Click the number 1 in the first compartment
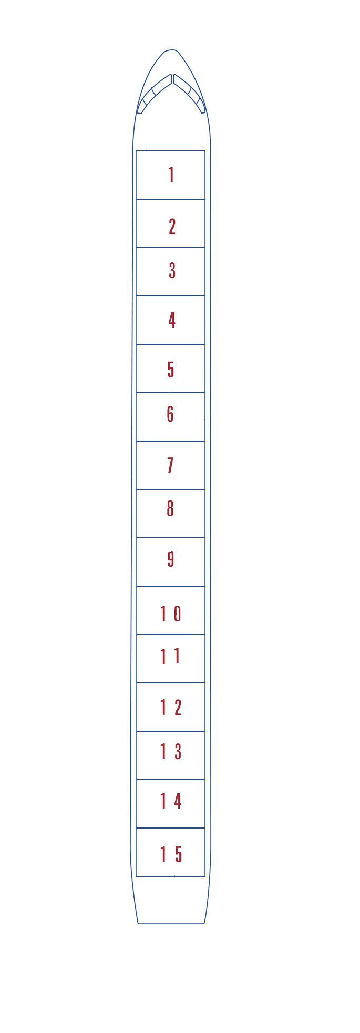click(x=171, y=175)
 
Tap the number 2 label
click(x=172, y=227)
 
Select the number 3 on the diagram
click(x=172, y=270)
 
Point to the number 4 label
click(x=172, y=320)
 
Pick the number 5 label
click(x=171, y=370)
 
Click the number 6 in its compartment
click(x=170, y=414)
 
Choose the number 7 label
click(x=170, y=465)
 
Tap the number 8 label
click(x=170, y=508)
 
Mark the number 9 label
click(x=171, y=559)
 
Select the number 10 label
click(x=171, y=613)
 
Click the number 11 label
click(x=170, y=656)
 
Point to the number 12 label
click(x=171, y=708)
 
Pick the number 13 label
click(x=171, y=752)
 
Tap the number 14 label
click(x=171, y=801)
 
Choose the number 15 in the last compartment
click(x=171, y=854)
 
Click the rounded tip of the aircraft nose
click(x=171, y=50)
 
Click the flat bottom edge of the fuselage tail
click(x=171, y=923)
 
